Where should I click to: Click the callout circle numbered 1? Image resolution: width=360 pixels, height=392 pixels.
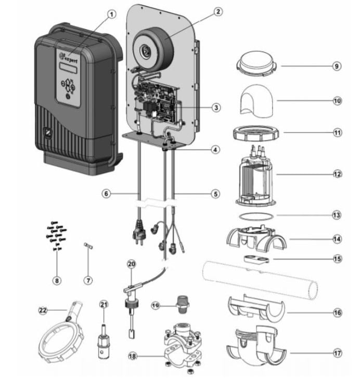[x=112, y=14]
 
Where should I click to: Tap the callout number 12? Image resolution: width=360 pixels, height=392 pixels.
[x=337, y=174]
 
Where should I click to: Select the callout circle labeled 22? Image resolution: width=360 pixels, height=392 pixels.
[x=43, y=310]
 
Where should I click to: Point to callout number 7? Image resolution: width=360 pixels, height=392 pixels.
[x=88, y=281]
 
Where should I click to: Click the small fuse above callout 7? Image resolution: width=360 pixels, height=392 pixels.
[x=88, y=246]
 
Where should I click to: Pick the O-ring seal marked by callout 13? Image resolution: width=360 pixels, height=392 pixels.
[x=256, y=217]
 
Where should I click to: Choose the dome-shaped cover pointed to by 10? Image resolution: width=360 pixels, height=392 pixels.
[x=257, y=100]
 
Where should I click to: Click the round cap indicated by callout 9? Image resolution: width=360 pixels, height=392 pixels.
[x=256, y=64]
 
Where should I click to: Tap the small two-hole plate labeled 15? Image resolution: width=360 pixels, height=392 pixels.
[x=256, y=259]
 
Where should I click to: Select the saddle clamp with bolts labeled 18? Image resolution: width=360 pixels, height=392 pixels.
[x=183, y=349]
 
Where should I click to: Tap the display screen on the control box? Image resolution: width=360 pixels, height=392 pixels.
[x=68, y=68]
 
